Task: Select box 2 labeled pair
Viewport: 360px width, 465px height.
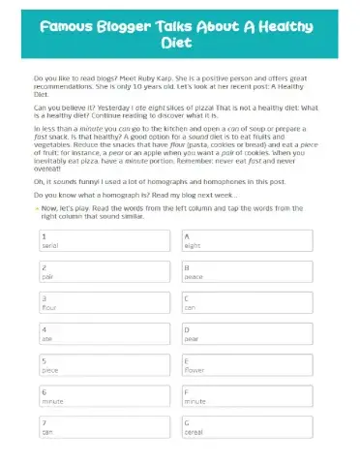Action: click(105, 272)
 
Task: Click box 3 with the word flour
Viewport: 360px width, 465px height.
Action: click(105, 303)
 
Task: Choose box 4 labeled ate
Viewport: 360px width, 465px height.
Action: click(105, 334)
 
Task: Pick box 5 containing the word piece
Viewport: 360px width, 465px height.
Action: click(105, 365)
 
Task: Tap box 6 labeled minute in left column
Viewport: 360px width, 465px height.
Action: click(105, 396)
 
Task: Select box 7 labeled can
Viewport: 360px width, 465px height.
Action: click(105, 427)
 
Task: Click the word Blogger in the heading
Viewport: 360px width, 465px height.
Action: click(135, 28)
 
